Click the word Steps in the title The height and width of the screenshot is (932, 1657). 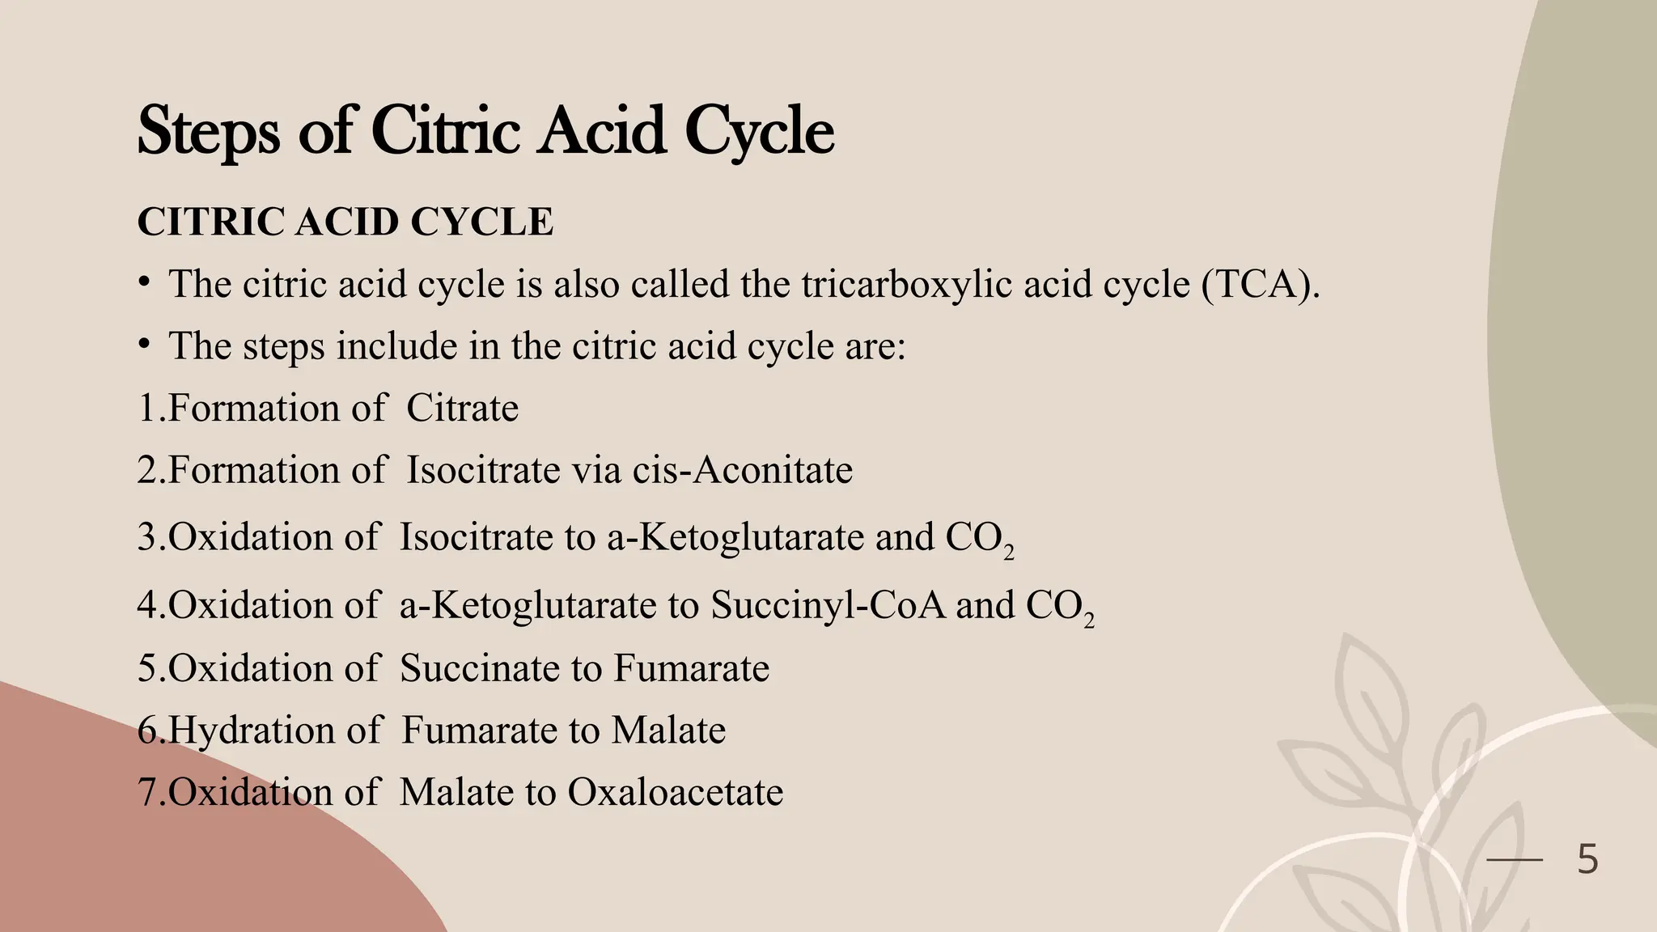pos(209,131)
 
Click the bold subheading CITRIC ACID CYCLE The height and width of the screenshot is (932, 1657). pos(345,222)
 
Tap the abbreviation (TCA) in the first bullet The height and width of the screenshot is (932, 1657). pos(1260,284)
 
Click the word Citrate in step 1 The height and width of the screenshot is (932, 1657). pos(462,408)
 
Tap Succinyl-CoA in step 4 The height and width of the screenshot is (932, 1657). pos(828,605)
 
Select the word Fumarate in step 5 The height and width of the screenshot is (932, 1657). pos(691,668)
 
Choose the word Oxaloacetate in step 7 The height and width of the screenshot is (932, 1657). pos(675,792)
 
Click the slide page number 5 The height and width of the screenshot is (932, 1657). pos(1587,859)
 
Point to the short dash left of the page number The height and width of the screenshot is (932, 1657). pos(1515,860)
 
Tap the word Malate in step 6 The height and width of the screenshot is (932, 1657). pos(668,731)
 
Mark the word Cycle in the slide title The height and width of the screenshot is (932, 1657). pos(759,133)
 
